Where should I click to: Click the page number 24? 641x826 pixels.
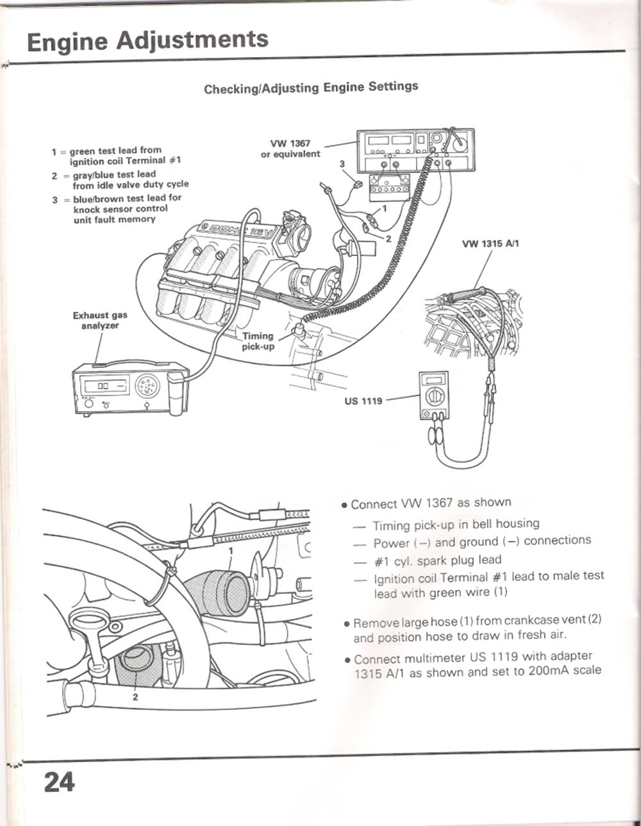[59, 782]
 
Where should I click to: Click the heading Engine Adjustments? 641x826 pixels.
[147, 41]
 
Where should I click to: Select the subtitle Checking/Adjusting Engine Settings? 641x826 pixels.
[311, 87]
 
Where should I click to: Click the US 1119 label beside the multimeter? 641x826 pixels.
[363, 401]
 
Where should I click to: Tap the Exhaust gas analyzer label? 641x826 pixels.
[100, 320]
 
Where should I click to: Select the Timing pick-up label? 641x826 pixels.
[258, 341]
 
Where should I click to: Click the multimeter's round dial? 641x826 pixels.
[435, 396]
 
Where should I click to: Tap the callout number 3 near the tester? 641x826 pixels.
[342, 164]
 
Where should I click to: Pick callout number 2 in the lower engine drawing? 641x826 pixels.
[135, 698]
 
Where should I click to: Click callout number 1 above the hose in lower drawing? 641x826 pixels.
[231, 550]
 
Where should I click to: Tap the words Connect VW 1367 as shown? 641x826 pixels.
[431, 503]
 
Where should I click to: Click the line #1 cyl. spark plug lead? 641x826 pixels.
[437, 560]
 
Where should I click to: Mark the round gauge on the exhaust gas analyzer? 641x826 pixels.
[147, 385]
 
